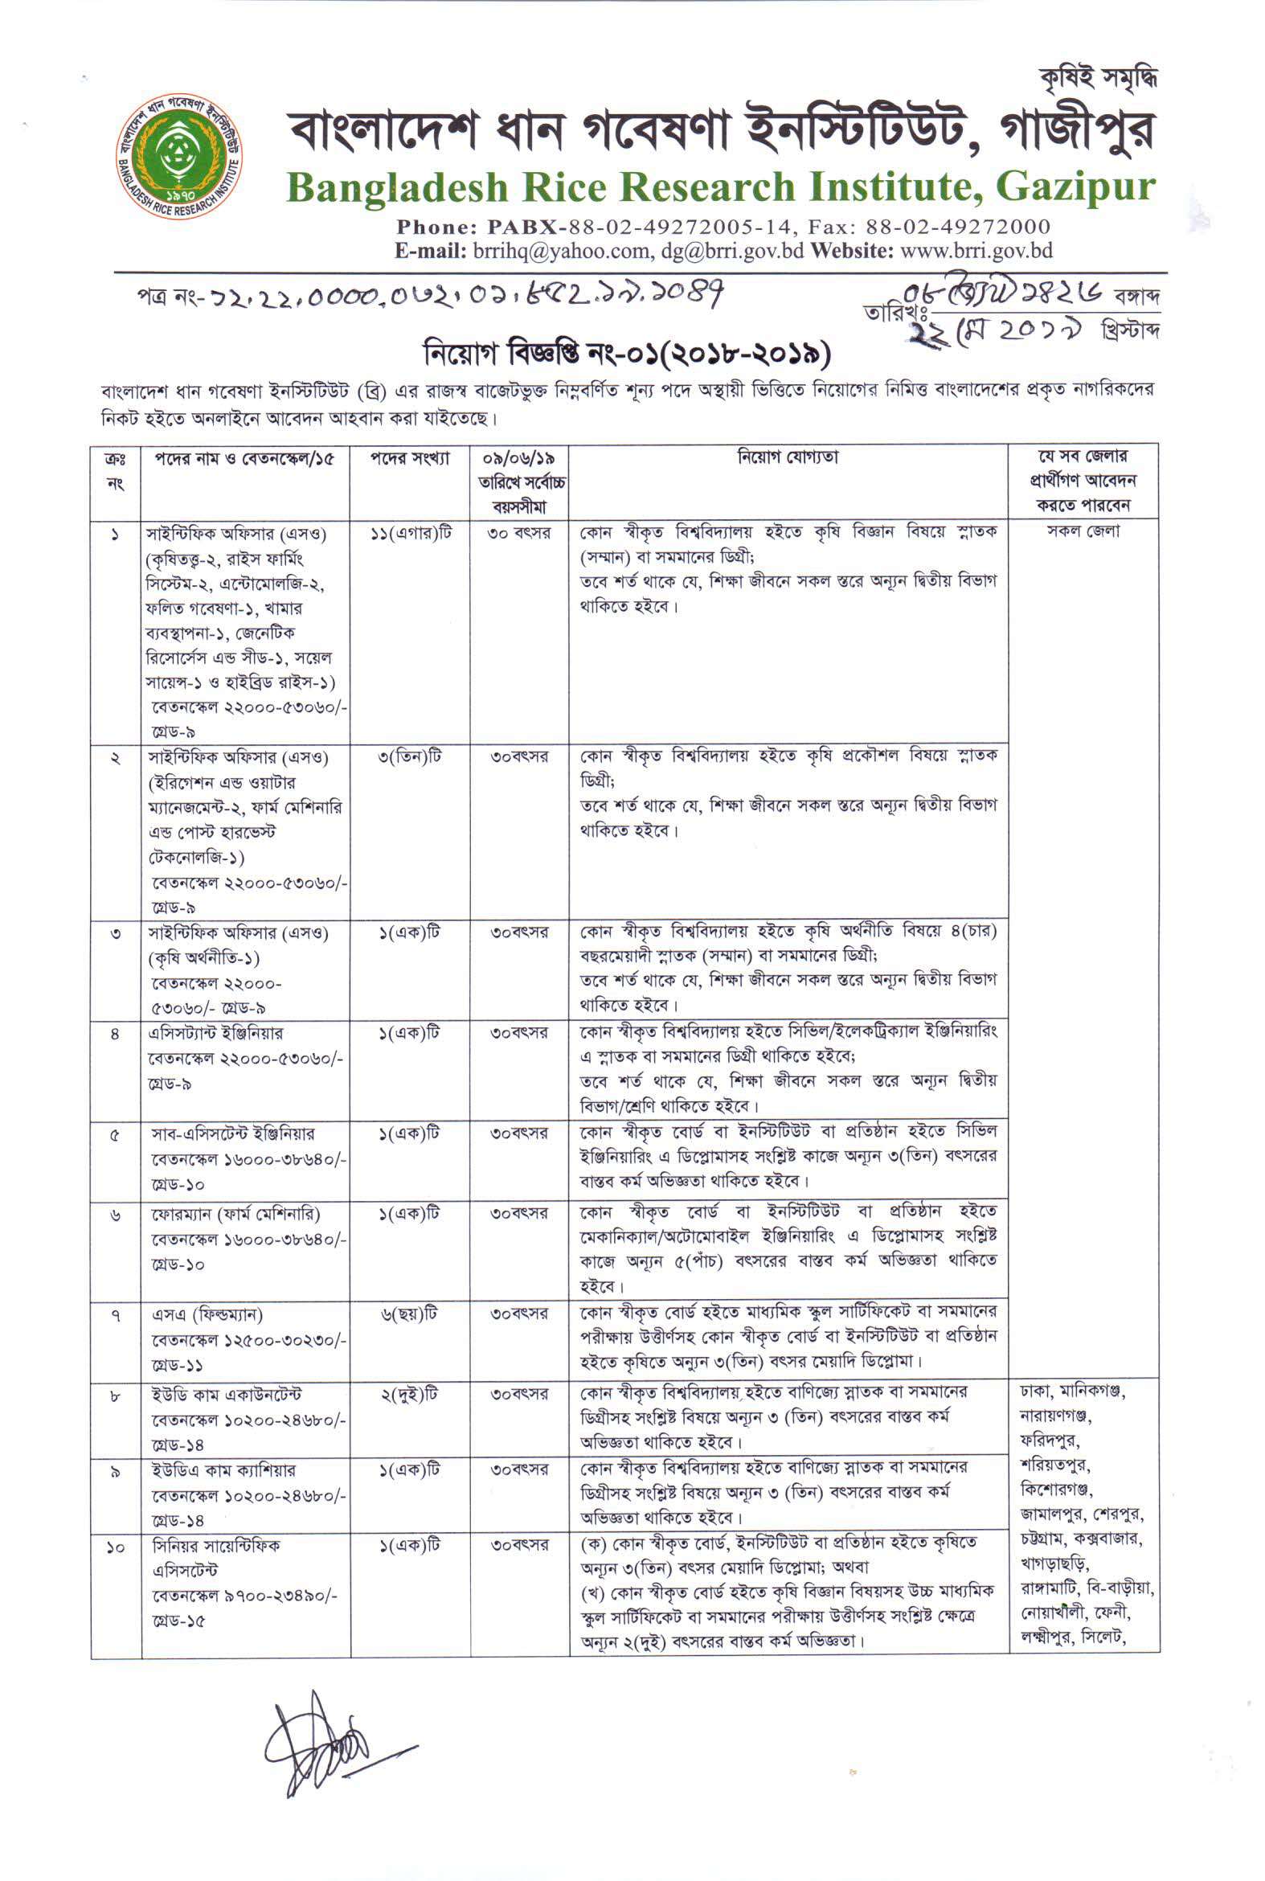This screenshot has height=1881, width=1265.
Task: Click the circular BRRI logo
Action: [x=178, y=156]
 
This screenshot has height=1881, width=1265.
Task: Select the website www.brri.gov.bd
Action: [x=976, y=251]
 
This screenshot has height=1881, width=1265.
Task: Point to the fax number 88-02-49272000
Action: [x=959, y=227]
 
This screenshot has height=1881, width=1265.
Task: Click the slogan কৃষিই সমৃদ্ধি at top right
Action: [x=1098, y=79]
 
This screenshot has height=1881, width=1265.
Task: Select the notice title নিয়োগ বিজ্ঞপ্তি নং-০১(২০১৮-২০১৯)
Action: [x=626, y=354]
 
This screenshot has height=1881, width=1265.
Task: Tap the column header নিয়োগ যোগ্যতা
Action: [x=788, y=457]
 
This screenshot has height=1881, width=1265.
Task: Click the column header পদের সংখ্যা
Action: [x=410, y=459]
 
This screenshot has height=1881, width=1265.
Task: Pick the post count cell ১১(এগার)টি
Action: [x=411, y=534]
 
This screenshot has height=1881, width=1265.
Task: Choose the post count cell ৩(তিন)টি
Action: [x=410, y=757]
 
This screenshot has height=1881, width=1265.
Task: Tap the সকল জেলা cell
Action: [x=1083, y=532]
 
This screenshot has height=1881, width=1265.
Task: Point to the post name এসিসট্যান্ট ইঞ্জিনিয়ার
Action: [x=215, y=1034]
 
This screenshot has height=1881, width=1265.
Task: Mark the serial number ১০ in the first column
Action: [x=116, y=1547]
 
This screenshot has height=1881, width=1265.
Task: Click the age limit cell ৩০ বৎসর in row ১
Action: [x=518, y=534]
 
